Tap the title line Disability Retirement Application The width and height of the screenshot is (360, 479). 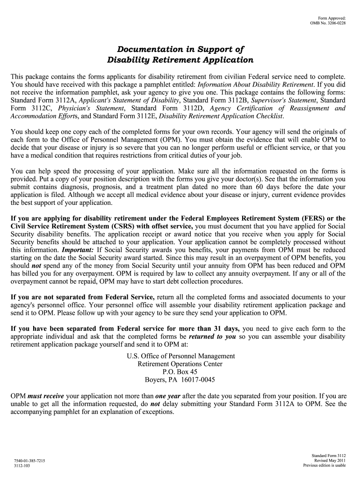180,60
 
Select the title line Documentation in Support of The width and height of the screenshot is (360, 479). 180,49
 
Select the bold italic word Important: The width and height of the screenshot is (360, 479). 78,250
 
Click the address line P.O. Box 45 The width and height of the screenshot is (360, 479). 180,372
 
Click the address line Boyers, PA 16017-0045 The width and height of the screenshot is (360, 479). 180,380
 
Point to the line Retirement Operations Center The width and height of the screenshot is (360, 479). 180,364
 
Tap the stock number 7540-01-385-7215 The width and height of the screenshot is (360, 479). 29,461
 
